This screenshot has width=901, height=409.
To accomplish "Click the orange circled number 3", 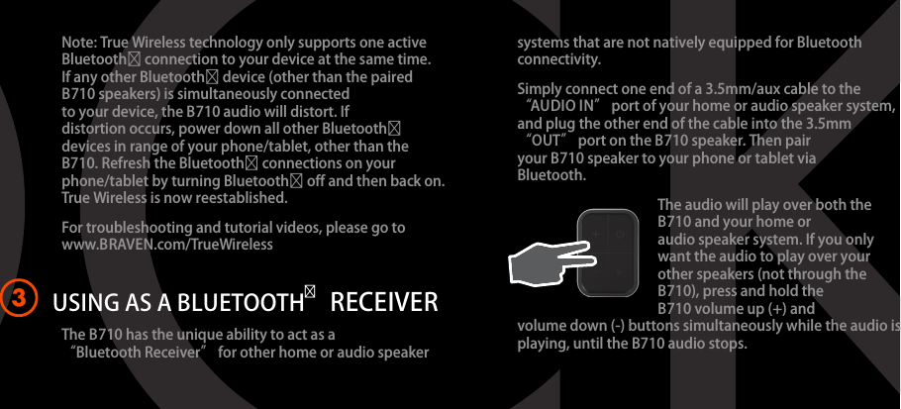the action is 19,299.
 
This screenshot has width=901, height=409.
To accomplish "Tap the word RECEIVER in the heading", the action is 384,303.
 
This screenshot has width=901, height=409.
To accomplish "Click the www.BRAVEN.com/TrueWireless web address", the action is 167,245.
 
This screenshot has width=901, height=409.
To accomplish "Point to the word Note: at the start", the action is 79,43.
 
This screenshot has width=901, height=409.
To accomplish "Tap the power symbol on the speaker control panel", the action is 620,234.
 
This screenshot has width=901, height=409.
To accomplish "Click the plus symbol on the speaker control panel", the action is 595,234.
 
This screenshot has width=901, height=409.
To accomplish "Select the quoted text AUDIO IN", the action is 563,106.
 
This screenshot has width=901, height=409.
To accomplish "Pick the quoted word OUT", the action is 547,141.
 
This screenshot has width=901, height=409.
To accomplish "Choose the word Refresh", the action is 126,163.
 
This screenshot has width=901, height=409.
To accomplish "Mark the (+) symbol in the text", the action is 777,309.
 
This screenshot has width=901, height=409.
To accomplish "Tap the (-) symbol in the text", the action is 617,326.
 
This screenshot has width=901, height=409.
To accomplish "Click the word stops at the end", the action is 730,344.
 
